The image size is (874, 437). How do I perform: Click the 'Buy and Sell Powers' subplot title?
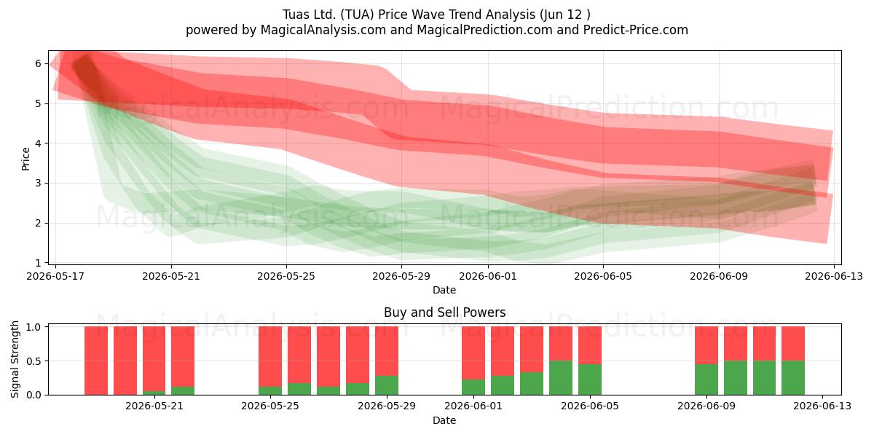[x=444, y=312]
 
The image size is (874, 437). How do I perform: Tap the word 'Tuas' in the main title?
[x=296, y=15]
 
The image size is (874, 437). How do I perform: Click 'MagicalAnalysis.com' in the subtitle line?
[x=323, y=30]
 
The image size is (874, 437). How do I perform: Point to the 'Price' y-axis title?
[x=25, y=159]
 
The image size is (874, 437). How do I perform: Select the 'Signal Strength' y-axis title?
[x=15, y=359]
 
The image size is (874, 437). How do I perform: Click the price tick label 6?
[x=38, y=63]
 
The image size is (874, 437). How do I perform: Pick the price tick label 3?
[x=38, y=183]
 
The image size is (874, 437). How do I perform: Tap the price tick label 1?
[x=38, y=263]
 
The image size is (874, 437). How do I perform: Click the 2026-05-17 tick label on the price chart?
[x=55, y=276]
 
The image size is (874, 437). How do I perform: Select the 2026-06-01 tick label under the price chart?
[x=488, y=276]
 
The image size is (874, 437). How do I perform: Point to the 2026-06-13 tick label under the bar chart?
[x=822, y=406]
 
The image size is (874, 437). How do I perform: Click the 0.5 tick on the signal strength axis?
[x=34, y=361]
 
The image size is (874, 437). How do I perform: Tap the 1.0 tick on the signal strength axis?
[x=34, y=327]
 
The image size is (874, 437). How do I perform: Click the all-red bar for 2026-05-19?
[x=96, y=361]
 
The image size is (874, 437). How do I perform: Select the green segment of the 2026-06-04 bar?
[x=561, y=378]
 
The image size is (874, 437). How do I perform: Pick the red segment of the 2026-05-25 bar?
[x=270, y=357]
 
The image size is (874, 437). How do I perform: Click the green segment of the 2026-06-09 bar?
[x=706, y=379]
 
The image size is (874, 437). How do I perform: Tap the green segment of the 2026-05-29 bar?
[x=387, y=385]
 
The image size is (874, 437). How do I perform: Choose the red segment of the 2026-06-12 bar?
[x=793, y=344]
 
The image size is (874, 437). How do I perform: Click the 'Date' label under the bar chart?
[x=444, y=421]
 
